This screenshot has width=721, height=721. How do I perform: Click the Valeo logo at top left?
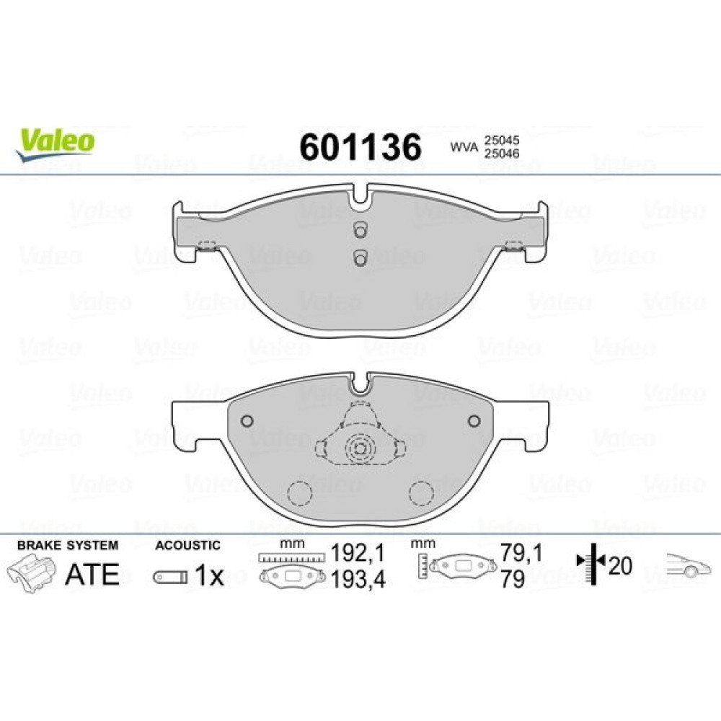56,144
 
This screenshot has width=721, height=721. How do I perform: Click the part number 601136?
360,146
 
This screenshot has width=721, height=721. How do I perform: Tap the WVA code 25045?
500,140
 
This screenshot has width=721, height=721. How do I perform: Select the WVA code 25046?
500,153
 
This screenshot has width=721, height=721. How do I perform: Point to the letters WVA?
464,147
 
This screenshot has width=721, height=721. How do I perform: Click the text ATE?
92,574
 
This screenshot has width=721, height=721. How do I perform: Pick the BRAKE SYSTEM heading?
68,545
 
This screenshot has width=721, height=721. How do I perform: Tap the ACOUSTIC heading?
187,545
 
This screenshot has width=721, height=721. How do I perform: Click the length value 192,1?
358,554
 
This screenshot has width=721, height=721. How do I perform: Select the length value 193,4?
358,580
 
